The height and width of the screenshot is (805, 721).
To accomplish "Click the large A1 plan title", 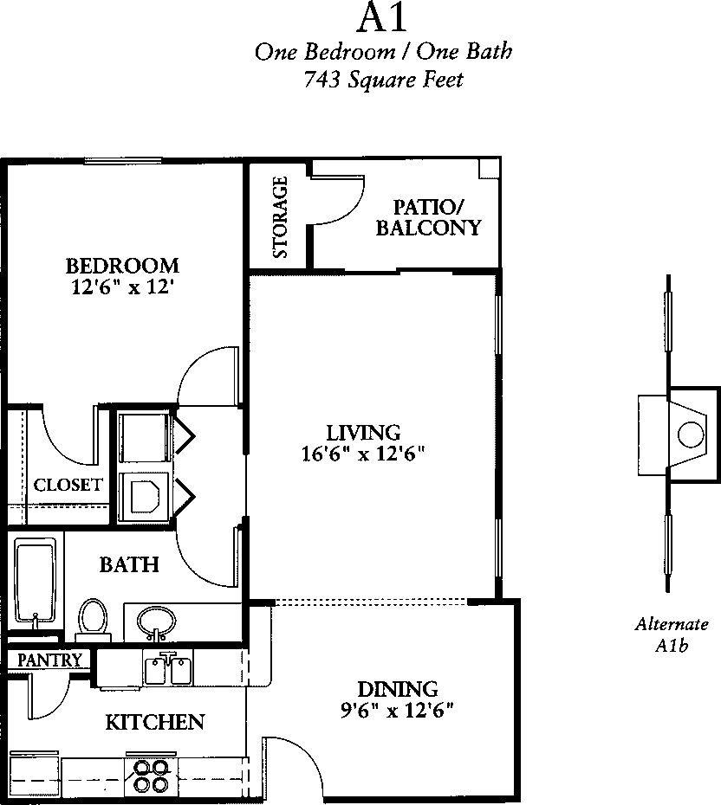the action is click(x=382, y=18).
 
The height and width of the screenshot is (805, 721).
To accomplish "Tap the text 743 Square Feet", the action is click(x=383, y=80).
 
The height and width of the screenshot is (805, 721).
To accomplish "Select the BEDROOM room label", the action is click(x=122, y=266).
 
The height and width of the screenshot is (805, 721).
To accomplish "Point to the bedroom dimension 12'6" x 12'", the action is click(x=120, y=287).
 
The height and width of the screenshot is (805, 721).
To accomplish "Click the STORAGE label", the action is click(x=280, y=217).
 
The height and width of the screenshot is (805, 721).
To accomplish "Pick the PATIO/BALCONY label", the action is click(x=429, y=217).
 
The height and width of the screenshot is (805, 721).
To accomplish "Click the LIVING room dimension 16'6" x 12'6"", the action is click(x=363, y=454).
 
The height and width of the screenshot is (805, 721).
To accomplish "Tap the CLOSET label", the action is click(x=68, y=485).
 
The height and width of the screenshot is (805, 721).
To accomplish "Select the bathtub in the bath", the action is click(x=35, y=583).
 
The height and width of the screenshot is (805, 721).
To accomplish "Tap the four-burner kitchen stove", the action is click(x=152, y=776).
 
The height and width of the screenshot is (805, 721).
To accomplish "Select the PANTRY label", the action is click(x=49, y=660).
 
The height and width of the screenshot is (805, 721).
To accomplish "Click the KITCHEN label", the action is click(x=155, y=723).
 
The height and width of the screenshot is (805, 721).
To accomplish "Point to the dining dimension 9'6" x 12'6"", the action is click(x=397, y=711).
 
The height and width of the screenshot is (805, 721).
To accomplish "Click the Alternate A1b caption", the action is click(x=672, y=634).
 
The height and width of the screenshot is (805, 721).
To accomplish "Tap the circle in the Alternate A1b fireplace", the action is click(x=691, y=435).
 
